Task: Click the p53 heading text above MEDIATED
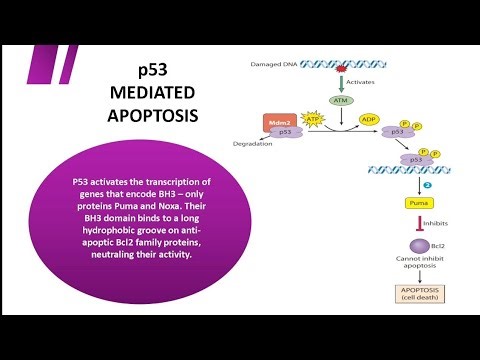tap(160, 69)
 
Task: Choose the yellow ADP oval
tap(369, 118)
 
